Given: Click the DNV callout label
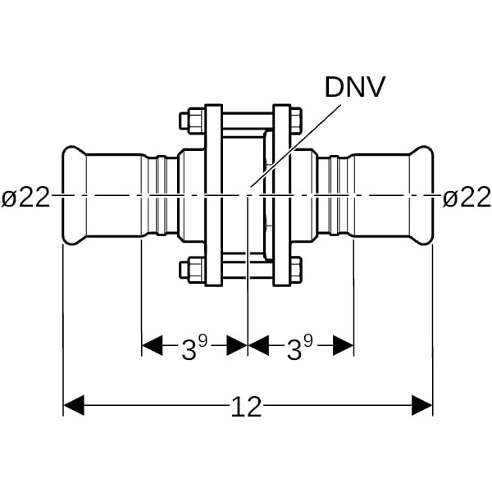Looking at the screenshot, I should (355, 88).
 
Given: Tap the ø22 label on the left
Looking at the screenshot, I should (25, 198).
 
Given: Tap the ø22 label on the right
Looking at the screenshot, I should (467, 198).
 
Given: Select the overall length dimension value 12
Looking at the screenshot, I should (247, 406).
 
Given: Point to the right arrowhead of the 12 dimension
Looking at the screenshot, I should (422, 405).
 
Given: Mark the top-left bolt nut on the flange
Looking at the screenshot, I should (189, 121).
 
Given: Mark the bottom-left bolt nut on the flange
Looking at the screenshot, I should (189, 268).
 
